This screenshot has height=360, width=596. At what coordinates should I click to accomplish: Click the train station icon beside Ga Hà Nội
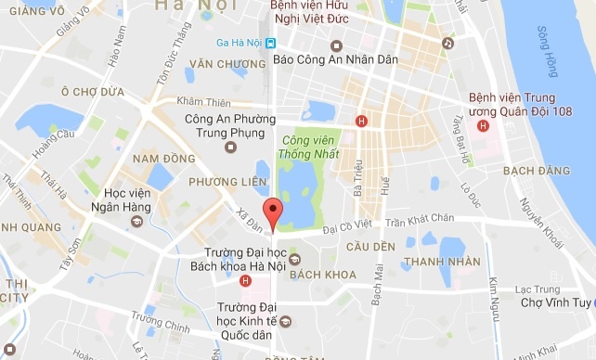coord(270,42)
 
